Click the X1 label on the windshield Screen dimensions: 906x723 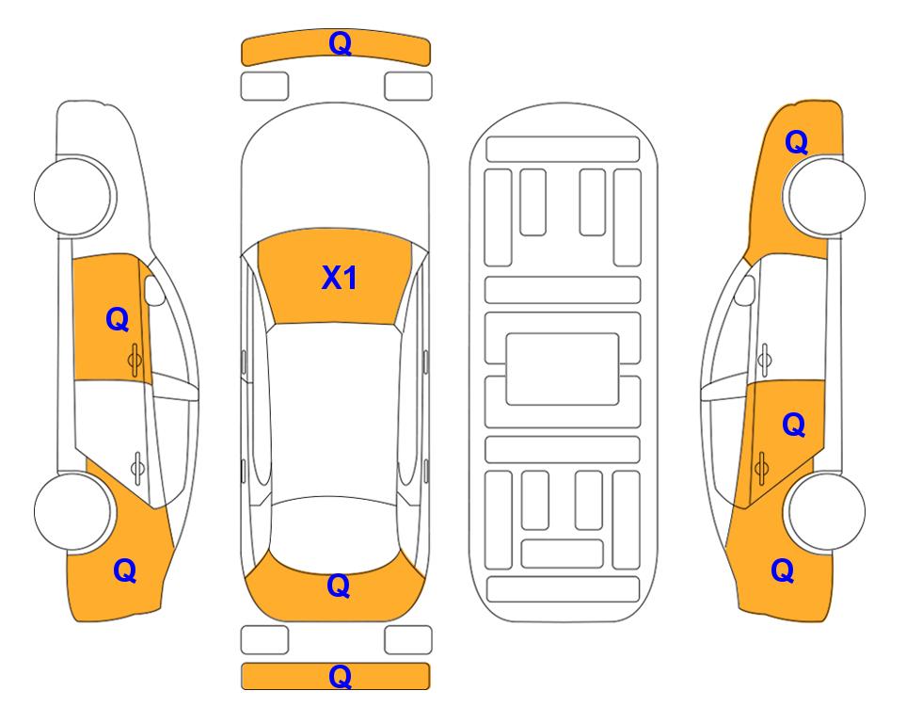(340, 278)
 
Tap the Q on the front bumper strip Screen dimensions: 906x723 (340, 44)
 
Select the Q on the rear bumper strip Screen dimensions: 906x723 (340, 676)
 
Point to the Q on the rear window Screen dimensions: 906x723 (339, 586)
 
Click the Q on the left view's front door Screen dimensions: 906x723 (118, 319)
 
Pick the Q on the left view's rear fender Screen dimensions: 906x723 (125, 570)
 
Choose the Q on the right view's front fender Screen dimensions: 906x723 (796, 142)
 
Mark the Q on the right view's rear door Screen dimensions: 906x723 (793, 426)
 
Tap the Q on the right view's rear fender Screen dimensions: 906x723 (783, 570)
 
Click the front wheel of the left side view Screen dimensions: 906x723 (73, 196)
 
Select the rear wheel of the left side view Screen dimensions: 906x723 (72, 511)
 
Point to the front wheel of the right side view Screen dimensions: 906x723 (824, 196)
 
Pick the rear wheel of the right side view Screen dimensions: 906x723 (826, 511)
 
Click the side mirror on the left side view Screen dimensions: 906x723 (153, 290)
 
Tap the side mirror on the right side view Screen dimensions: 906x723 (745, 290)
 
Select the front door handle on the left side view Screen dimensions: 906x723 (135, 360)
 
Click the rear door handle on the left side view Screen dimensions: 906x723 (137, 467)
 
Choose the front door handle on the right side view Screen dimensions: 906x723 (764, 360)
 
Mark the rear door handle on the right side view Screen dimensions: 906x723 (761, 467)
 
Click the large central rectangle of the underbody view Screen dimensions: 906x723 (563, 369)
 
